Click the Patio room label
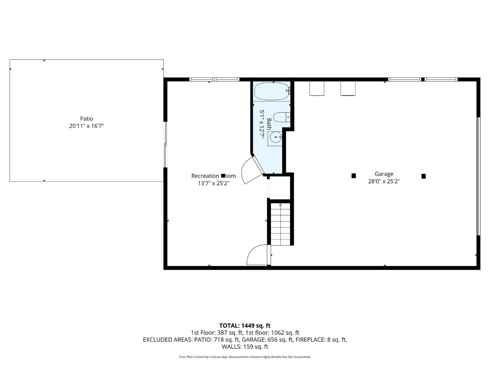point(87,119)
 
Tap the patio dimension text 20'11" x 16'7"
point(87,126)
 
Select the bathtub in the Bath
point(271,91)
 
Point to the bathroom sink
point(275,138)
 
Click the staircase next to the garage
point(280,224)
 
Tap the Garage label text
point(384,174)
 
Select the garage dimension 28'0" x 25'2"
point(384,181)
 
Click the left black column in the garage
point(353,176)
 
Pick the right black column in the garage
point(424,176)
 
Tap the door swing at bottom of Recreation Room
point(257,254)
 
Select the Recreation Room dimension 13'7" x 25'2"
point(213,183)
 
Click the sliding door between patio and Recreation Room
point(166,144)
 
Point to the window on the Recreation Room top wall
point(214,79)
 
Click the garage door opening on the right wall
point(478,176)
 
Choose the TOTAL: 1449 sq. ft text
point(245,326)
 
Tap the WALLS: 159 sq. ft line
point(245,346)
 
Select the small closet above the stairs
point(280,188)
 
